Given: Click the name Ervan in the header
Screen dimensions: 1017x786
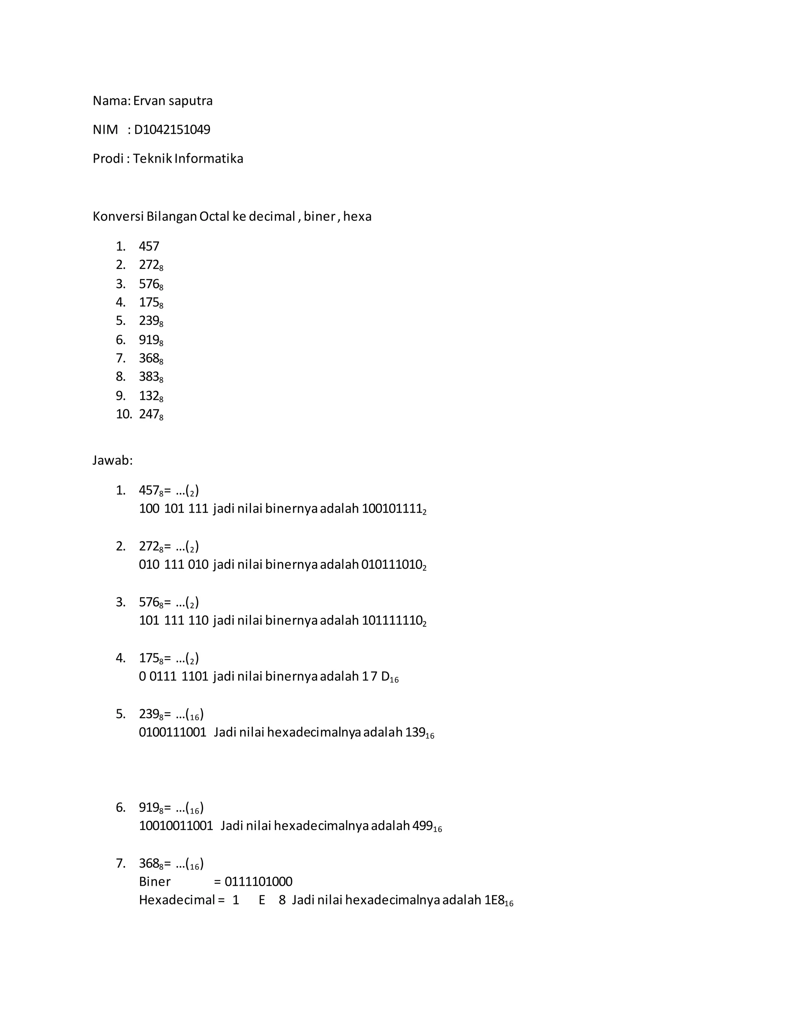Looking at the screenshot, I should (x=147, y=101).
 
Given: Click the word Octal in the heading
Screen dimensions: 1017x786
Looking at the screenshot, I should (x=215, y=216).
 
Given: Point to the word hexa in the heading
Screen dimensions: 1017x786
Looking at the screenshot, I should (x=357, y=216).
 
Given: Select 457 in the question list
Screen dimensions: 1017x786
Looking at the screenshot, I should (x=149, y=246).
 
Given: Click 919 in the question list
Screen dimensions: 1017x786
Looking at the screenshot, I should (x=149, y=340).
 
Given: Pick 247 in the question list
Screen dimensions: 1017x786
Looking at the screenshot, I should (x=149, y=414).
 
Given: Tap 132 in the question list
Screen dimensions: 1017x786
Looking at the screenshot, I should (x=149, y=396).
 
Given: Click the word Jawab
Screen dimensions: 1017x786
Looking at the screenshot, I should (x=112, y=461).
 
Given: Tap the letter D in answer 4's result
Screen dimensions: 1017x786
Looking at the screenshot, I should (x=385, y=676).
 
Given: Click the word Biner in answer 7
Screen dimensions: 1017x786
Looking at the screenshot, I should (x=155, y=882).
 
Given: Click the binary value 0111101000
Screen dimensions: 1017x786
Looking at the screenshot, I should (x=258, y=882).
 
